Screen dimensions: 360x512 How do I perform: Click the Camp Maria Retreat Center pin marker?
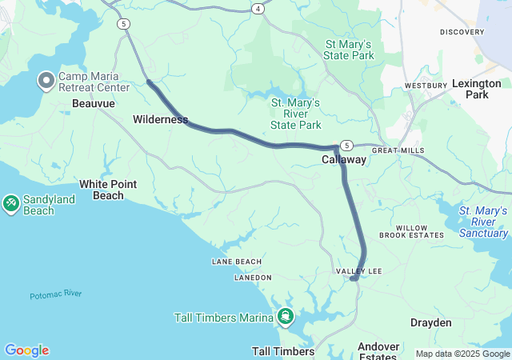click(46, 80)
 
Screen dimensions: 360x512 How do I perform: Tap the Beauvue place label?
click(94, 104)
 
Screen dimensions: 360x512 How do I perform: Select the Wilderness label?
click(160, 120)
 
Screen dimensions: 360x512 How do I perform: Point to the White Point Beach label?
click(108, 190)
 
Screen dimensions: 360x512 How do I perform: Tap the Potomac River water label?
click(56, 295)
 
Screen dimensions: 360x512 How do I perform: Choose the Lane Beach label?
click(236, 262)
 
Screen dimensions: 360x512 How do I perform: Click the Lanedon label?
click(252, 278)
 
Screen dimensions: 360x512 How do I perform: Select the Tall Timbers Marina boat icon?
click(286, 318)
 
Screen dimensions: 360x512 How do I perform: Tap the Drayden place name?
click(431, 322)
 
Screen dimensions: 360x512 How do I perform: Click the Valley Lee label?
click(358, 272)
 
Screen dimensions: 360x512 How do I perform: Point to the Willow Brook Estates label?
click(411, 232)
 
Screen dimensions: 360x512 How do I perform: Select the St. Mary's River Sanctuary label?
click(483, 222)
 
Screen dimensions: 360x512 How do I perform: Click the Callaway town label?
click(344, 160)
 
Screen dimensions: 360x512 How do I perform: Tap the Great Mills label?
click(398, 150)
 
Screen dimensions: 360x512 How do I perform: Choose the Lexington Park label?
click(476, 89)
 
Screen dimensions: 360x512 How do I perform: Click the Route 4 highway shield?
click(258, 8)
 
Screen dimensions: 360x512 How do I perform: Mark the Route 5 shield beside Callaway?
click(346, 145)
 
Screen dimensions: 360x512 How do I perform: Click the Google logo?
click(26, 350)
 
